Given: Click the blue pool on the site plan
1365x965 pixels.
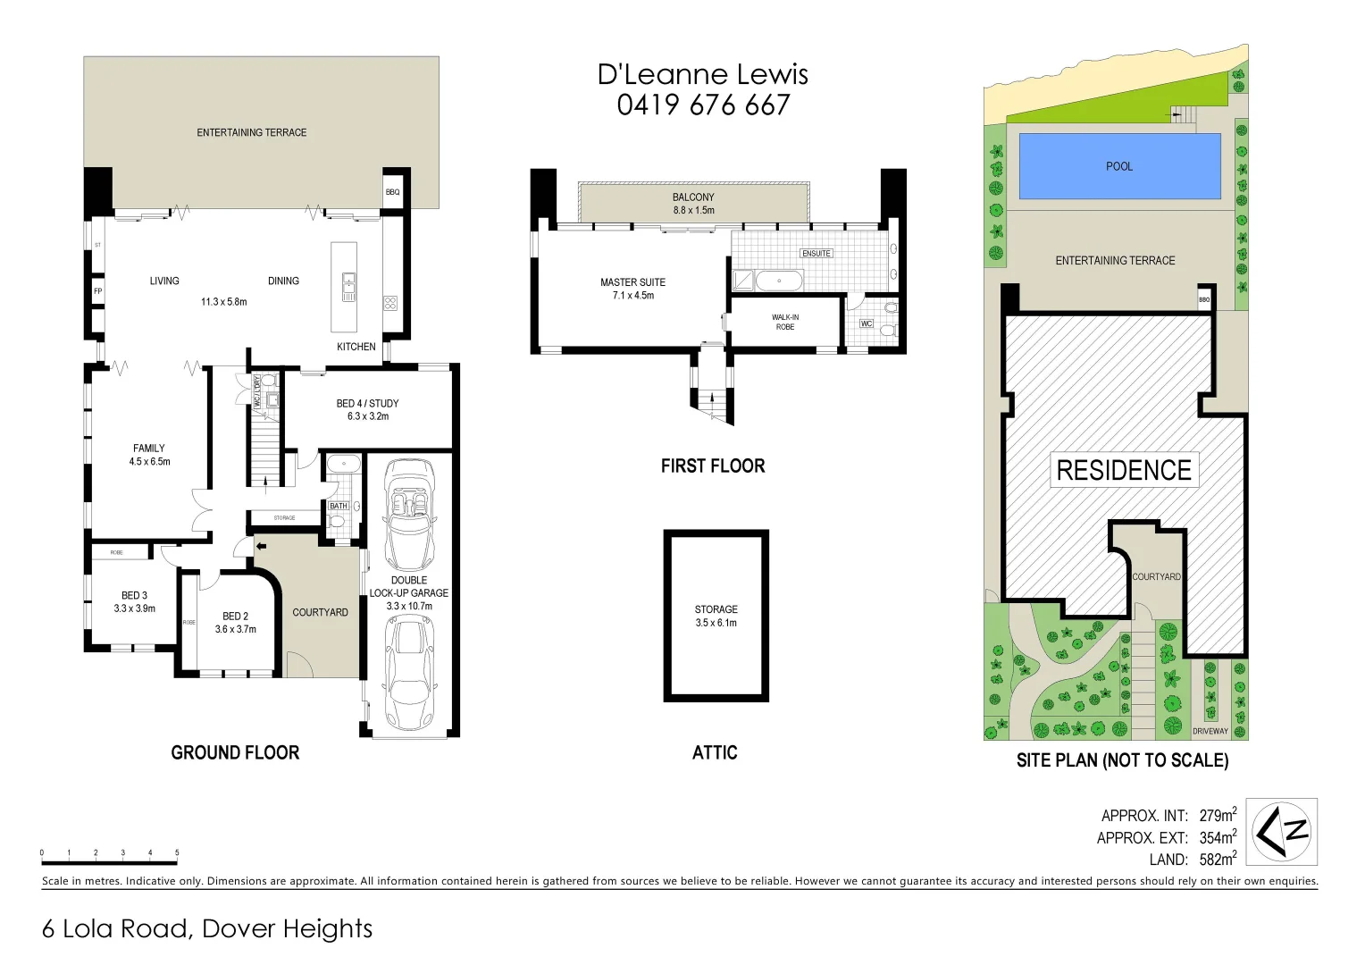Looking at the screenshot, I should (1119, 166).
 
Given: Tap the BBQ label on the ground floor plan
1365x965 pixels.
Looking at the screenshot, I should (392, 192).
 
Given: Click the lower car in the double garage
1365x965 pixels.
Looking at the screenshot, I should (409, 675).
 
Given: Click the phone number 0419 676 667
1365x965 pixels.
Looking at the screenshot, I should (703, 105).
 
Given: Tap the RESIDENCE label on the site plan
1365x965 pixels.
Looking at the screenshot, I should (1124, 470).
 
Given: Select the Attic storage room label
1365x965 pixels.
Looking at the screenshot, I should (716, 616).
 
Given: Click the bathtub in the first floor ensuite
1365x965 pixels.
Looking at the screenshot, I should (779, 281).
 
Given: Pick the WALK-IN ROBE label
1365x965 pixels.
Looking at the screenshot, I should (785, 322).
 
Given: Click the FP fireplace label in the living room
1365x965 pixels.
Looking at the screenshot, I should (97, 291).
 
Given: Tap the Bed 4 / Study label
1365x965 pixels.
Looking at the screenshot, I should (367, 409).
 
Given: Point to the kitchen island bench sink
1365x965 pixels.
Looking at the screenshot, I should (347, 286).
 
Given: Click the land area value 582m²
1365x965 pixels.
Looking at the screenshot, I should (1218, 860).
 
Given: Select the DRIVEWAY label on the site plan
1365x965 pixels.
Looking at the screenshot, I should (1210, 731).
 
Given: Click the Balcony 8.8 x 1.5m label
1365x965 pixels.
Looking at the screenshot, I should (693, 204).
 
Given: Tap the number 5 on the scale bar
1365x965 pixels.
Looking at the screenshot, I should (177, 852).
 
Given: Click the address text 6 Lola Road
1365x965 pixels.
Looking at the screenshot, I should (116, 929).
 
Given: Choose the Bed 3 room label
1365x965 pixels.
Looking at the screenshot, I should (134, 601).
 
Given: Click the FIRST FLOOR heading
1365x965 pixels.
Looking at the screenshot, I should (713, 466).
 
